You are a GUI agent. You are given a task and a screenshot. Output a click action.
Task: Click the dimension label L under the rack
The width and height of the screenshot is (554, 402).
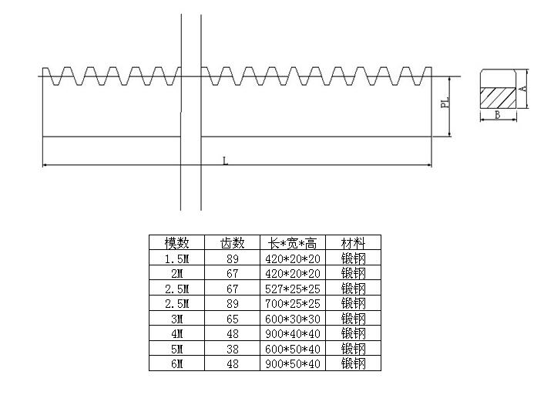(224, 160)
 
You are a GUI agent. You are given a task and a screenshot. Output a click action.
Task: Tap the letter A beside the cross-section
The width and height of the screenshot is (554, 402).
(523, 89)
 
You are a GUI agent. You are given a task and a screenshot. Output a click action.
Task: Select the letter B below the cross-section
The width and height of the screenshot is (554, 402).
(498, 115)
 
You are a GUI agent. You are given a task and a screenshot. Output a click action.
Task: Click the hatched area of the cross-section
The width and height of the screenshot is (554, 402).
(498, 96)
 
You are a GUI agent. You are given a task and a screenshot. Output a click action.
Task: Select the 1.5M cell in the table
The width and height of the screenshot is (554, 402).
(176, 258)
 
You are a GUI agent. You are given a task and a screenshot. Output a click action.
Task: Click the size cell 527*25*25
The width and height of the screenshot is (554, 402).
(293, 289)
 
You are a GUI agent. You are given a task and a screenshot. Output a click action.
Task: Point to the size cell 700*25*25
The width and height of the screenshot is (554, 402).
(293, 303)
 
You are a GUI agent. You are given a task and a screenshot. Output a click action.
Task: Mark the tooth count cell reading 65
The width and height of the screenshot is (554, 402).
(232, 319)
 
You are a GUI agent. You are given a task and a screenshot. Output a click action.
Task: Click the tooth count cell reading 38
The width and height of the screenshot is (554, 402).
(232, 349)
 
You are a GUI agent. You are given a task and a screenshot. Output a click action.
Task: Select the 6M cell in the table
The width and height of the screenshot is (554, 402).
(176, 363)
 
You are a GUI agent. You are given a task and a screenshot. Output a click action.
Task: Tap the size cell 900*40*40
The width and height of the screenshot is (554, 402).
(293, 333)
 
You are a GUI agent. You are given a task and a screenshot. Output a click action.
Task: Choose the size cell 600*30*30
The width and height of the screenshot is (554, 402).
(293, 319)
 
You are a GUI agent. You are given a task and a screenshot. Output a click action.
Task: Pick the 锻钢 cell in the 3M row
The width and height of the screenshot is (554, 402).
(353, 319)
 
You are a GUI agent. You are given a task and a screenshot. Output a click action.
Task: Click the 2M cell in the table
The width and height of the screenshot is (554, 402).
(176, 273)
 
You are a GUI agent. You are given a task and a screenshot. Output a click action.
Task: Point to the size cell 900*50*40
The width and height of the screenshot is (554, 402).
(293, 363)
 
